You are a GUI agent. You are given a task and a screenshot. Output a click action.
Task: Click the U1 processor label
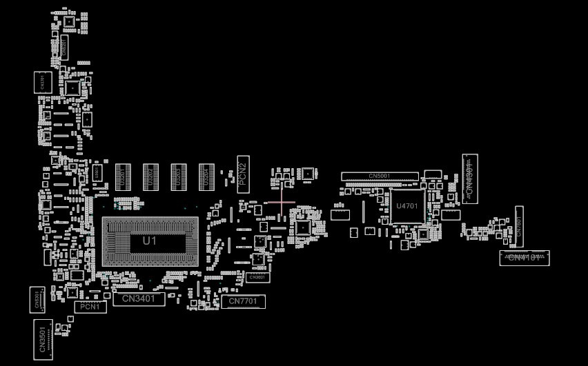pos(150,241)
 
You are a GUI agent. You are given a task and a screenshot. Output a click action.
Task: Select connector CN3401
pos(139,299)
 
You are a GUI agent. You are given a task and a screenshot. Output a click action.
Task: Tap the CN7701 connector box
pos(243,301)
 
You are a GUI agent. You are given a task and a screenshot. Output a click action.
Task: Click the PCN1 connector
pos(90,307)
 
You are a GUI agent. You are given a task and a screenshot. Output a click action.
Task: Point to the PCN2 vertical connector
pos(243,174)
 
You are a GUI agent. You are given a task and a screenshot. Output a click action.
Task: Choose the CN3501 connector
pos(42,339)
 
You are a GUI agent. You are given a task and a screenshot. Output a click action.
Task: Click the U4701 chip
pos(407,206)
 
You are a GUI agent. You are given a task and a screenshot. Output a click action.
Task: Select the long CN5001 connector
pos(380,176)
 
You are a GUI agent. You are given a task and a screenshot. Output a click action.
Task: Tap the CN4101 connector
pos(525,258)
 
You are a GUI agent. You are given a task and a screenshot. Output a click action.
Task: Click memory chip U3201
pos(123,177)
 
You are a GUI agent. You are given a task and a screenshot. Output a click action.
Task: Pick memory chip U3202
pos(150,177)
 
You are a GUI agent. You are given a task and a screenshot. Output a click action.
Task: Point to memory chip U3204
pos(206,177)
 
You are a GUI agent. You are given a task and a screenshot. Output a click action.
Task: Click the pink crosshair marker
pos(281,203)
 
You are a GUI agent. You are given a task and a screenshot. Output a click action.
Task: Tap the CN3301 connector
pos(43,83)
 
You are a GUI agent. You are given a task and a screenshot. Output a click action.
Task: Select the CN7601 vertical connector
pos(519,227)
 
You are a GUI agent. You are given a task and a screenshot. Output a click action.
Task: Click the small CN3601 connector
pos(257,277)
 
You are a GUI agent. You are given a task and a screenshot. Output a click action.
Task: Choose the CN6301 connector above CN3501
pos(38,299)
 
